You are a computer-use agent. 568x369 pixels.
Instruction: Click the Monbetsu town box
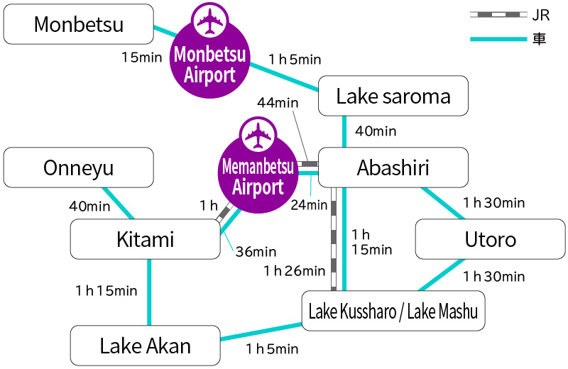79,24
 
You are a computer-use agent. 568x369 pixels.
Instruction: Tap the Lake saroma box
393,96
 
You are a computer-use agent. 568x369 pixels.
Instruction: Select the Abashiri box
393,167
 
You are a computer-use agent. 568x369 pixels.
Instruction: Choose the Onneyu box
79,167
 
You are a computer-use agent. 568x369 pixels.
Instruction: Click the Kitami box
146,239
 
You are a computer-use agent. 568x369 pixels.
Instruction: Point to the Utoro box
490,239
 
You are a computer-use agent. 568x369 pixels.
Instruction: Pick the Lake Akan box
146,346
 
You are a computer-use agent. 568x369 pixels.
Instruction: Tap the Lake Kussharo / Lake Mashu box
393,311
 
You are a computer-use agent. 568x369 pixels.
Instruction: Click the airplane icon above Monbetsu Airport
209,22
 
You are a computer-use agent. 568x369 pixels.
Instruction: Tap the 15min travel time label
142,57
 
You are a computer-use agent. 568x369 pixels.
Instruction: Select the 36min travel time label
256,251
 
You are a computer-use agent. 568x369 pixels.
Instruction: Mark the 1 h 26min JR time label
294,270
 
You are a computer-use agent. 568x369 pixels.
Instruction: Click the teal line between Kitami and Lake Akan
149,292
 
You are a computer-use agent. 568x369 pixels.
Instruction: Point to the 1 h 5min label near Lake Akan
272,348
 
